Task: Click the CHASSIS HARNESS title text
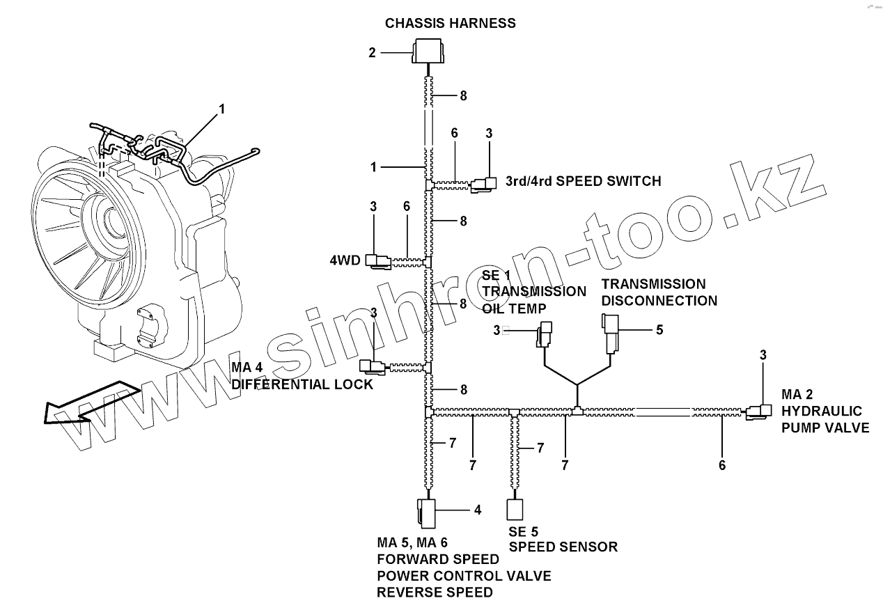point(451,23)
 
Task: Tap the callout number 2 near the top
point(373,52)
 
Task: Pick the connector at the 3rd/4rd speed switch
point(483,184)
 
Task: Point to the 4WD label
point(345,260)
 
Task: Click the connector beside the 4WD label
point(379,261)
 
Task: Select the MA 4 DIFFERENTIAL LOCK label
point(302,377)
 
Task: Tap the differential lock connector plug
point(371,366)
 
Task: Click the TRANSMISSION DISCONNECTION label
point(659,292)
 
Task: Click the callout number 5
point(659,329)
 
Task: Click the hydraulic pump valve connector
point(758,413)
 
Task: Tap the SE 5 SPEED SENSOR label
point(563,540)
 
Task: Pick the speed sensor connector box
point(515,510)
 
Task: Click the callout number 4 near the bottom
point(478,510)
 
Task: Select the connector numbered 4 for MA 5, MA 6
point(426,512)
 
